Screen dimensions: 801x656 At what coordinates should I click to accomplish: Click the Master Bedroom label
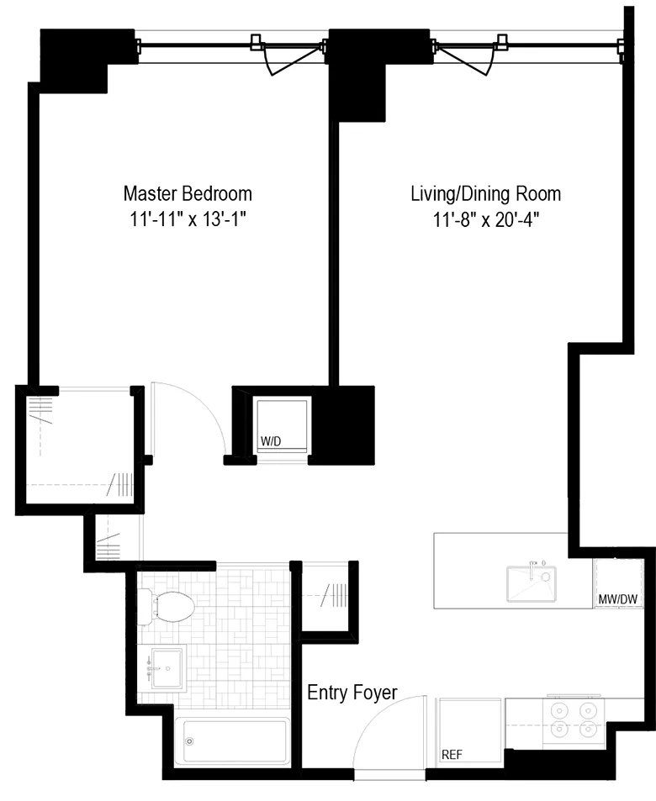pyautogui.click(x=188, y=193)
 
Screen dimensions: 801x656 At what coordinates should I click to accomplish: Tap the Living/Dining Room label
pyautogui.click(x=485, y=194)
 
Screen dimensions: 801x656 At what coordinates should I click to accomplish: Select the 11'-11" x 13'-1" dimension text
pyautogui.click(x=188, y=220)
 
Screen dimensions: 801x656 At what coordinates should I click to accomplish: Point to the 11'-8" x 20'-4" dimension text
pyautogui.click(x=485, y=221)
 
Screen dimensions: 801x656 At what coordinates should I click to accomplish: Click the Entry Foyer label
pyautogui.click(x=352, y=693)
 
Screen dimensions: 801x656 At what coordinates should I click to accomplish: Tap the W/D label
pyautogui.click(x=270, y=441)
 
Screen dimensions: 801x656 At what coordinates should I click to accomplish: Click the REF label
pyautogui.click(x=452, y=754)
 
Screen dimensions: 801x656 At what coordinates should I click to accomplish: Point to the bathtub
pyautogui.click(x=231, y=741)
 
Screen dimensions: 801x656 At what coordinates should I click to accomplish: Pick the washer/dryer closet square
pyautogui.click(x=281, y=425)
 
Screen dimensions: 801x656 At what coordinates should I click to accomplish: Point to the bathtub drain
pyautogui.click(x=190, y=741)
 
